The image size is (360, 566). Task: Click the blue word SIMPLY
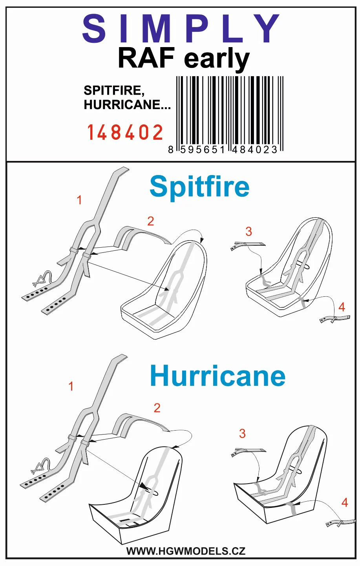[181, 29]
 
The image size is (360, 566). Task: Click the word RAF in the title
[146, 58]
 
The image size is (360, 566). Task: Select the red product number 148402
[125, 132]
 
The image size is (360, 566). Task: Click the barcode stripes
[230, 114]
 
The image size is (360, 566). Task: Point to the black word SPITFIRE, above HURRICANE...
[114, 91]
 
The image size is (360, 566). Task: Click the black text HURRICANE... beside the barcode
[127, 105]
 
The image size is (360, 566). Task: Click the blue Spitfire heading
[199, 187]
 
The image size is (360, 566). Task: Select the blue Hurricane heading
[217, 376]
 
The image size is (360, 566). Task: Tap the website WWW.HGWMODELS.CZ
[186, 551]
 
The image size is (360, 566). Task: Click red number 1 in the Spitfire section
[79, 200]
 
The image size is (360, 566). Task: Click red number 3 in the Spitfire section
[249, 232]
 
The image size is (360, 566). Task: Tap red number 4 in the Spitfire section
[342, 307]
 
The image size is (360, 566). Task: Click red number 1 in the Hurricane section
[71, 386]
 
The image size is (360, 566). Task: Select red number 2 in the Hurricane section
[157, 408]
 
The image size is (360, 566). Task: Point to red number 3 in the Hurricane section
[243, 433]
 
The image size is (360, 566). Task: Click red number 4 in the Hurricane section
[345, 502]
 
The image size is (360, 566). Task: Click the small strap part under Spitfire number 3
[248, 246]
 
